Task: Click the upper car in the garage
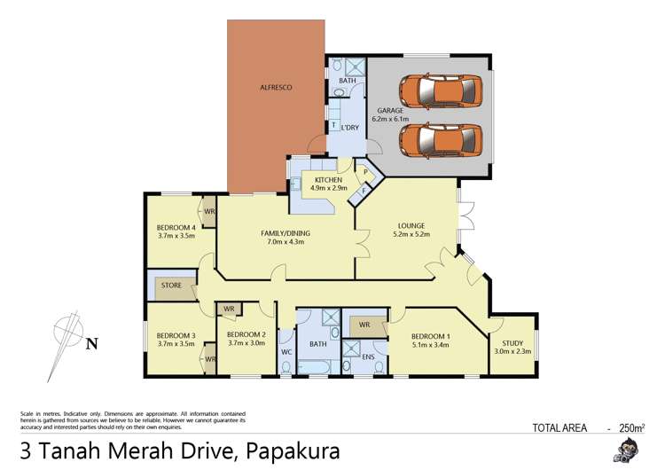(441, 89)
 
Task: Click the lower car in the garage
(441, 138)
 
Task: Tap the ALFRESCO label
(276, 88)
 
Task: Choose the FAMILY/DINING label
(282, 238)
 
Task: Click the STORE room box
(171, 286)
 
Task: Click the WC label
(286, 352)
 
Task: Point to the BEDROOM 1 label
(431, 341)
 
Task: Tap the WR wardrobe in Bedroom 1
(364, 325)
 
